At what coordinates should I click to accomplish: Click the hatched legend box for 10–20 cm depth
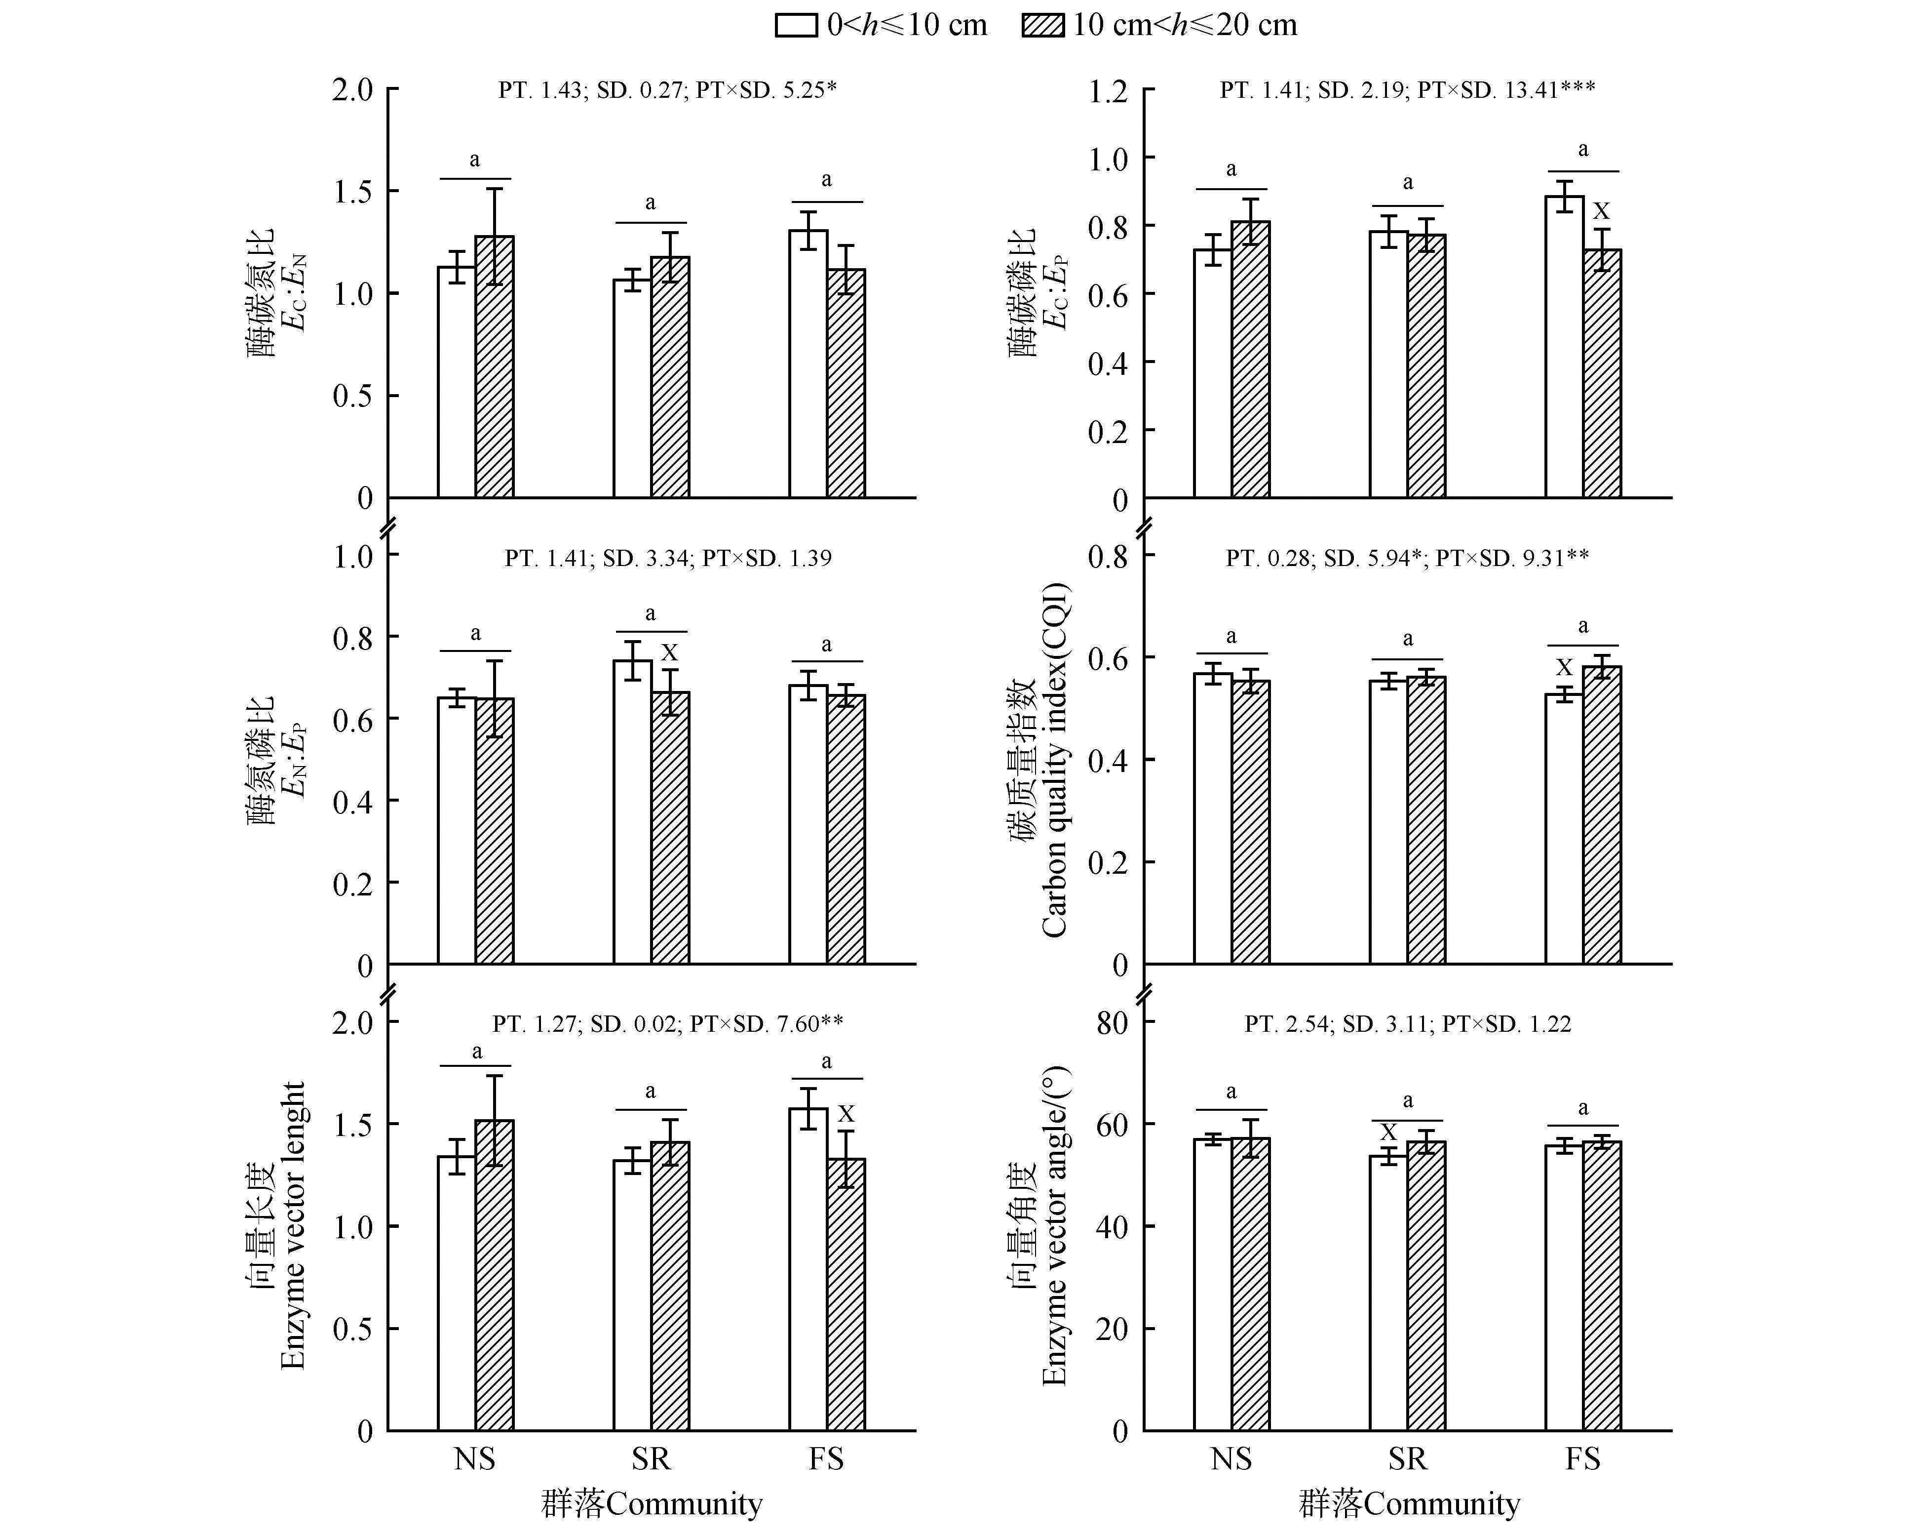pyautogui.click(x=1042, y=25)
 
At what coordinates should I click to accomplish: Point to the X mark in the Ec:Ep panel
pyautogui.click(x=1602, y=211)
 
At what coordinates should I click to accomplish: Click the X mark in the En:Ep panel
pyautogui.click(x=669, y=652)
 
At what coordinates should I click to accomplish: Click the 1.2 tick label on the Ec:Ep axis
pyautogui.click(x=1109, y=90)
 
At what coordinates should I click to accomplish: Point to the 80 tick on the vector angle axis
pyautogui.click(x=1112, y=1023)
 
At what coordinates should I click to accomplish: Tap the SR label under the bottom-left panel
pyautogui.click(x=651, y=1459)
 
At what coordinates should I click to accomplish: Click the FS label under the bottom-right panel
pyautogui.click(x=1583, y=1459)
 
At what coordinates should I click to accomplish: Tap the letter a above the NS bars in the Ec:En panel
pyautogui.click(x=475, y=161)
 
